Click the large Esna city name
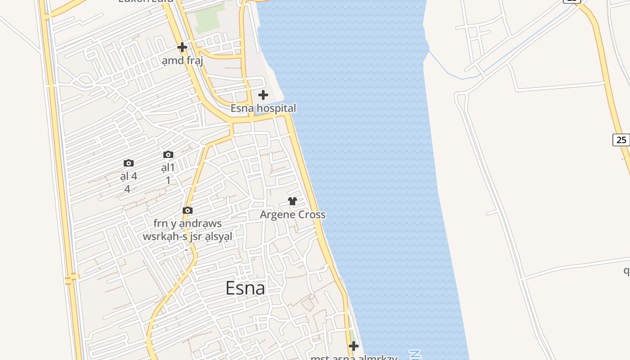(x=245, y=288)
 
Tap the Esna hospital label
(x=263, y=108)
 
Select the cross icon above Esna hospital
(x=263, y=95)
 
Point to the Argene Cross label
(x=292, y=215)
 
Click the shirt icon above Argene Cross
(x=292, y=201)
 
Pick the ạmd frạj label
(x=182, y=60)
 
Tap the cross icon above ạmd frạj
(x=182, y=47)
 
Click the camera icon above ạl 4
(x=129, y=163)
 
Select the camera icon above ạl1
(x=168, y=154)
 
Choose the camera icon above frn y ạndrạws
(x=188, y=210)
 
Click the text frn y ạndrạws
(x=188, y=224)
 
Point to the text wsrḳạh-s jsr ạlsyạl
(x=188, y=237)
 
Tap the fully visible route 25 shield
(x=621, y=139)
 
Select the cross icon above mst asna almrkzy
(x=354, y=346)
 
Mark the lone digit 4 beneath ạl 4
(x=127, y=189)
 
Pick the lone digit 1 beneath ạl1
(x=168, y=180)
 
